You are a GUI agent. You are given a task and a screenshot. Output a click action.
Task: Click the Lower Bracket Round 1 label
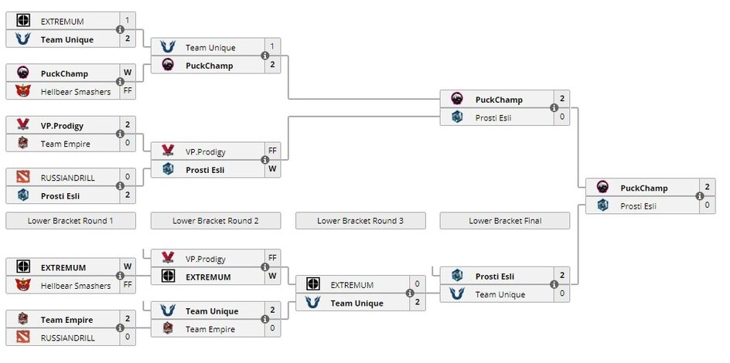(70, 221)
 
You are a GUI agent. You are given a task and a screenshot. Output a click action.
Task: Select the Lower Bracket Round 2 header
(215, 221)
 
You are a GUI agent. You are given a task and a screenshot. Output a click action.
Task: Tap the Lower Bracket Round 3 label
(360, 221)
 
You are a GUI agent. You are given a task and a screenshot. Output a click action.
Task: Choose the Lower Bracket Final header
(505, 221)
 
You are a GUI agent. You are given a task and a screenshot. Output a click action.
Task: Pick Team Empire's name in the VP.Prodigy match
(65, 144)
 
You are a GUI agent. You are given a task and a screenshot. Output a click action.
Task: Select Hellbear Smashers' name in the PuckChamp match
(75, 92)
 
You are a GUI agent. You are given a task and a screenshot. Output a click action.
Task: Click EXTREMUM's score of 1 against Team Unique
(128, 21)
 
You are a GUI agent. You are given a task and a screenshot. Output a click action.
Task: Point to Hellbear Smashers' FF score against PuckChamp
(128, 92)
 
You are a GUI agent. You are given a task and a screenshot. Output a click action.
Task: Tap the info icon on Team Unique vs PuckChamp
(264, 56)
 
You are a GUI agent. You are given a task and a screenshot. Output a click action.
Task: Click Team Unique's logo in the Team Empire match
(168, 310)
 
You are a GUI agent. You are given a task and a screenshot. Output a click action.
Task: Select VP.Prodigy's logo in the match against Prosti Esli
(168, 151)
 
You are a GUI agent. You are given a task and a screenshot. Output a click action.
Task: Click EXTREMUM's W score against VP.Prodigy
(272, 276)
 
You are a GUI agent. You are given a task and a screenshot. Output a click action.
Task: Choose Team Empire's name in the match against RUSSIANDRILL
(67, 320)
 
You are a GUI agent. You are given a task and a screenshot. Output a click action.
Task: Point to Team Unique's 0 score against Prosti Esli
(561, 294)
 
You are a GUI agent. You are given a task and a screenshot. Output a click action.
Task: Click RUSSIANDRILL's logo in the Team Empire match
(23, 338)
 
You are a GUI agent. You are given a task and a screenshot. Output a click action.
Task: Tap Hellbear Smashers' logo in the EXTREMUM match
(23, 286)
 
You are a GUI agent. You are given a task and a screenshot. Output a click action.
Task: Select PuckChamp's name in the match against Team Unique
(209, 66)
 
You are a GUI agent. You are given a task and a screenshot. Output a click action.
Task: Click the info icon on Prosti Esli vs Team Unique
(554, 285)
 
